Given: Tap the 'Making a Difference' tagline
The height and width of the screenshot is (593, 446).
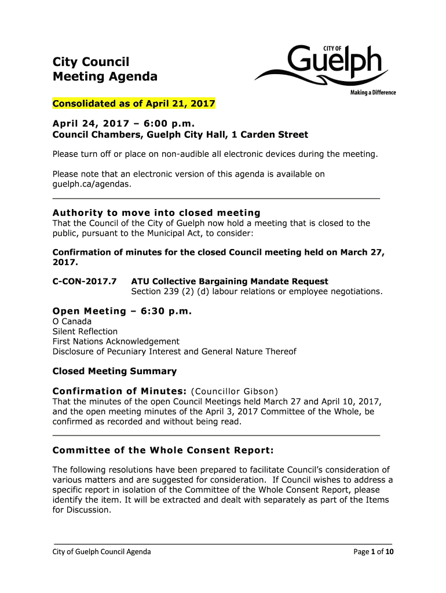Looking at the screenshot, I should [372, 93].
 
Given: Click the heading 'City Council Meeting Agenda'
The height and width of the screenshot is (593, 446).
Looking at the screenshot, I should [105, 69].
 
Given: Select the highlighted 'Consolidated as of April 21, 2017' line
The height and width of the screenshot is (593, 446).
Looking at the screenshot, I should [134, 104].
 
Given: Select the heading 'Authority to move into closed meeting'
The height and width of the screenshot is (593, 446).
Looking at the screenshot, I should [156, 213].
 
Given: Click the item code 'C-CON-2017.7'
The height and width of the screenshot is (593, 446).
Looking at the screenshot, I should [85, 281].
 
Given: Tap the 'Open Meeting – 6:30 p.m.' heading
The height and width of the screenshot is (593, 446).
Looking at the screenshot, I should [122, 311].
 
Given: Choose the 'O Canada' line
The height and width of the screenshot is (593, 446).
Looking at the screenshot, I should [72, 321].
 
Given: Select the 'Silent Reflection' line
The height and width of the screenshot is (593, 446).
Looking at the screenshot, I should [85, 331].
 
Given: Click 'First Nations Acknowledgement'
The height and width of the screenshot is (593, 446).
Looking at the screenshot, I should [116, 342].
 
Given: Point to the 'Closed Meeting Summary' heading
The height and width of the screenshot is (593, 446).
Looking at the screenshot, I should [115, 371].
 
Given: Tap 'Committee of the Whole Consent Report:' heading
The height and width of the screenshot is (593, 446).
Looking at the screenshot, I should [163, 450].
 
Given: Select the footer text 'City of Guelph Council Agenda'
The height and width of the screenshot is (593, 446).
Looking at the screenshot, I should [102, 552].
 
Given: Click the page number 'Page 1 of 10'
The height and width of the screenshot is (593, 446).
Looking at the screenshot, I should [374, 552].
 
